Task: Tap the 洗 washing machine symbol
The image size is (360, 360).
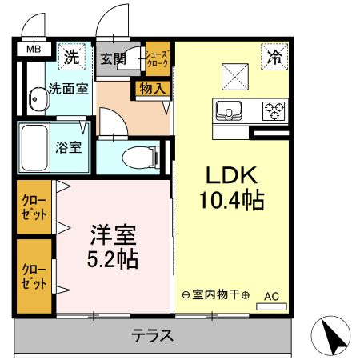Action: (72, 57)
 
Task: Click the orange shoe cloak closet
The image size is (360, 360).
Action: (156, 58)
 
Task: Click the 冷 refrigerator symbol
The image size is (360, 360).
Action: (274, 57)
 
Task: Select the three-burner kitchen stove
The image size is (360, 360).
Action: (274, 110)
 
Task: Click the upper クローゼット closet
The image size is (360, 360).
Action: (33, 208)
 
